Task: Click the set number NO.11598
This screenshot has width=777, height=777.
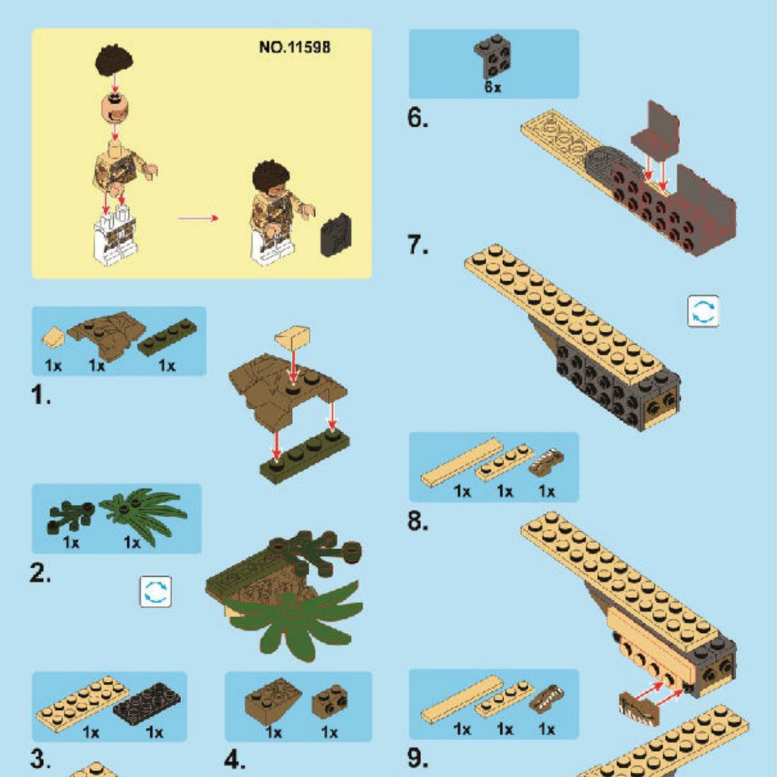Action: [294, 47]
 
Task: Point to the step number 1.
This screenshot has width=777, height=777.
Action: [40, 395]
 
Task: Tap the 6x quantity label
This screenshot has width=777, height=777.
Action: [493, 87]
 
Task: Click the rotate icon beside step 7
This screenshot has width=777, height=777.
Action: [703, 312]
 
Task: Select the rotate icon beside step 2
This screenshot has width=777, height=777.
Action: [155, 591]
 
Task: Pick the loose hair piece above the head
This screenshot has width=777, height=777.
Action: [114, 60]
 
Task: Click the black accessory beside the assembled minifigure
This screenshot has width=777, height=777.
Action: [336, 235]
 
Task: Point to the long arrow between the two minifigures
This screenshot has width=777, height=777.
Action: [199, 218]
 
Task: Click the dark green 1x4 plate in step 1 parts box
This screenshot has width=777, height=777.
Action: [167, 336]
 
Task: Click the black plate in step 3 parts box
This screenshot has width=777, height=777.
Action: [147, 704]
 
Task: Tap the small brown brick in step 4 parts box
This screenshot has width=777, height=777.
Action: [330, 701]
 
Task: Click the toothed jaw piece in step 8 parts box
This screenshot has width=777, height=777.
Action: [547, 461]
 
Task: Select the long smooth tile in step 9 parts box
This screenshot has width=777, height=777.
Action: [462, 699]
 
